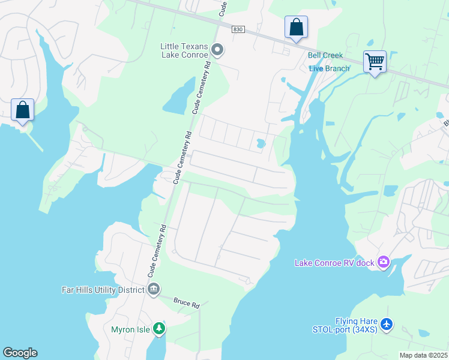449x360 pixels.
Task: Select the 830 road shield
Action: [238, 29]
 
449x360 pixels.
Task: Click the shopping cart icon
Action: [375, 61]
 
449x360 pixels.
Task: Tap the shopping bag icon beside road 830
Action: [296, 27]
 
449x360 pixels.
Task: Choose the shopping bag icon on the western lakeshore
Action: [22, 110]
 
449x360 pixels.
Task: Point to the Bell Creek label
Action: [325, 55]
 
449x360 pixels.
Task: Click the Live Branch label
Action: [329, 68]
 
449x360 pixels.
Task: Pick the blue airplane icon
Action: [387, 325]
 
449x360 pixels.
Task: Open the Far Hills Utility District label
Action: [103, 289]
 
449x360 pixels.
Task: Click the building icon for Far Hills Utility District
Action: [154, 289]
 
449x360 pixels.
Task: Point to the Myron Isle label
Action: [130, 329]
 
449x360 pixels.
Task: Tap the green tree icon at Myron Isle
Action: [158, 328]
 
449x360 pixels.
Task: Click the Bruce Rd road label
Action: [187, 304]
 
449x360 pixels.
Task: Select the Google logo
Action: [20, 353]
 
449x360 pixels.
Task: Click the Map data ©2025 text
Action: [423, 355]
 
